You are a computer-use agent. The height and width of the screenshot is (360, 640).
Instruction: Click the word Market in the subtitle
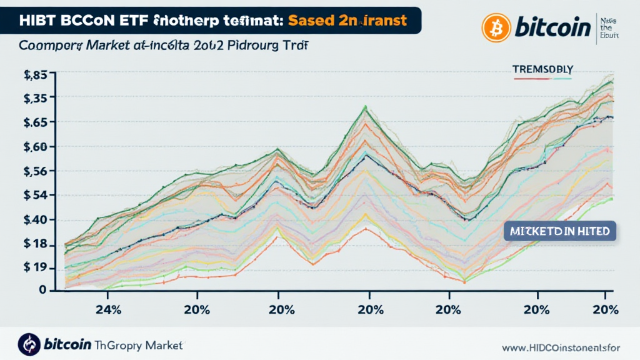click(x=106, y=46)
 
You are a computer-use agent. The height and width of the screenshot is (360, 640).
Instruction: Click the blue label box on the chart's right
click(x=559, y=231)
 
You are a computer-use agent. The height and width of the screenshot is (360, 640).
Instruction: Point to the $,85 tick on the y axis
click(x=36, y=76)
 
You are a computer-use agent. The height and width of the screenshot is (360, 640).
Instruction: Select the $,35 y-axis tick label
click(x=36, y=97)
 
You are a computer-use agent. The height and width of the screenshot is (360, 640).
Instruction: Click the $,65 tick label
click(x=36, y=122)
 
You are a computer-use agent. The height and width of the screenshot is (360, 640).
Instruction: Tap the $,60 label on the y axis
click(x=36, y=147)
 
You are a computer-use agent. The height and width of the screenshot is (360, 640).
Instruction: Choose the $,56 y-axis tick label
click(x=36, y=171)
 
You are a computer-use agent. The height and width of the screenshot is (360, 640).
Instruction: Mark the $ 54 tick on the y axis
click(x=36, y=196)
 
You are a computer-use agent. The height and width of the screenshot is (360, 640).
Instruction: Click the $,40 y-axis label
click(x=36, y=220)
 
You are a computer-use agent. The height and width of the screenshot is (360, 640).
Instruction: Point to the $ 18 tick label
click(x=36, y=244)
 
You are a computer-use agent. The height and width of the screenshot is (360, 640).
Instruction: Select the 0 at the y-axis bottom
click(x=42, y=290)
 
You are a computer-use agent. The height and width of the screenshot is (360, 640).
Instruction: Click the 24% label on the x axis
click(x=107, y=310)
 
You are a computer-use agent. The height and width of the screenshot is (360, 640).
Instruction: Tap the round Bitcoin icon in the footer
click(x=29, y=343)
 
